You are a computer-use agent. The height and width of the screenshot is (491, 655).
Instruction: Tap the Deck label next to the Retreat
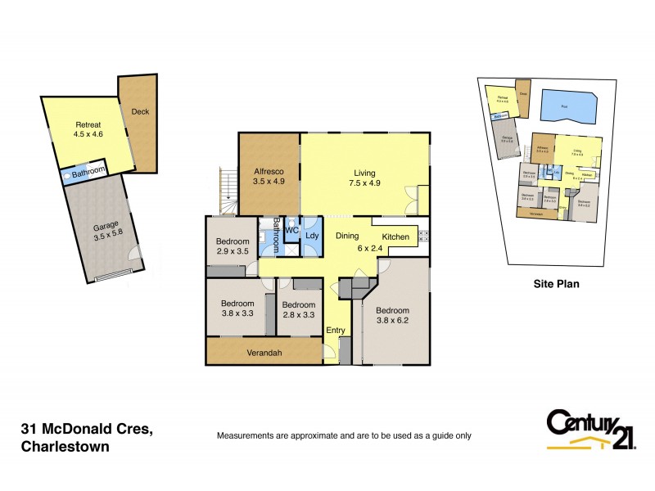point(140,111)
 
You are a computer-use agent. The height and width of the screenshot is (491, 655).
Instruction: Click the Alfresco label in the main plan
point(269,171)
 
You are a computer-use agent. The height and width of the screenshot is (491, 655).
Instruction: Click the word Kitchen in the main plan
point(396,237)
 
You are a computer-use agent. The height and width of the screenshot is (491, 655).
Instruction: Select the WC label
point(291,231)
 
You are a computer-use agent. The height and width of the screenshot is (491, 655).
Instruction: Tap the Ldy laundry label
point(312,236)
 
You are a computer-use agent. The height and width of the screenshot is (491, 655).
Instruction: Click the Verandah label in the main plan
point(264,354)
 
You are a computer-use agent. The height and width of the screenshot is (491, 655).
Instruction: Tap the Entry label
point(336,331)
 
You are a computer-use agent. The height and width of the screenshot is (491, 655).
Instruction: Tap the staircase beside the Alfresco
point(226,191)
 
